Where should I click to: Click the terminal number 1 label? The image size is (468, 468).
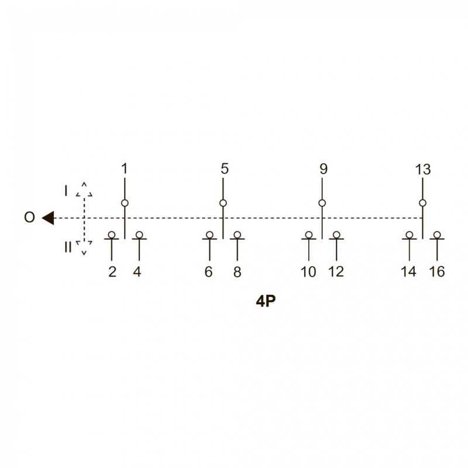[125, 169]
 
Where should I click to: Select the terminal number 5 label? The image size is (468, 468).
[225, 169]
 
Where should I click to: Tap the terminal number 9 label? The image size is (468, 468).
[324, 169]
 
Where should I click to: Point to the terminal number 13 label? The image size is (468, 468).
[423, 170]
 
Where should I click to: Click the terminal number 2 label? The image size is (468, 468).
[112, 272]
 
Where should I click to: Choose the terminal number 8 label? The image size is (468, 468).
[237, 272]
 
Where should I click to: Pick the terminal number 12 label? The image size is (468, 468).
[336, 272]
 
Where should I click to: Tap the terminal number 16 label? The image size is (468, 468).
[437, 272]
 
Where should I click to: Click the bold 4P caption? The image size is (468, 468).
[266, 301]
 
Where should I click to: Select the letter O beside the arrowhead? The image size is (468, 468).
[29, 217]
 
